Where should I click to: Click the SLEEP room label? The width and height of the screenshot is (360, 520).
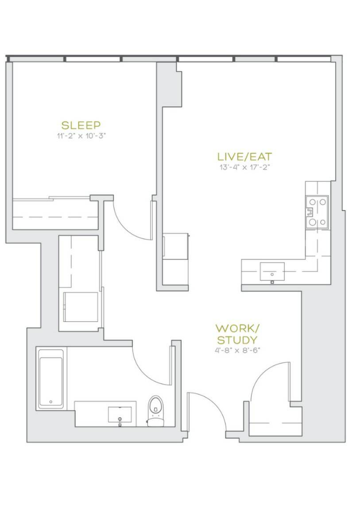[81, 125]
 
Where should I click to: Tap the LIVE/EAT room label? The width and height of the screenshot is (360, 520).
[244, 157]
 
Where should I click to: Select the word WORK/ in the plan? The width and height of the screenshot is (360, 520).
[237, 329]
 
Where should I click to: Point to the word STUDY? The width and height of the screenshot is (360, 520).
[237, 340]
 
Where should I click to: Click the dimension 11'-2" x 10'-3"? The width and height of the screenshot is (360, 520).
[81, 136]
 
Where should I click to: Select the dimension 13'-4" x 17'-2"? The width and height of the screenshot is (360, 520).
[244, 167]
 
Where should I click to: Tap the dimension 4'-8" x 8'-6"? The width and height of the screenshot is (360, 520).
[236, 350]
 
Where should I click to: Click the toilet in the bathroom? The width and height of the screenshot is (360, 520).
[155, 411]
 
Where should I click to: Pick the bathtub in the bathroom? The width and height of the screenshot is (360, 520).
[51, 378]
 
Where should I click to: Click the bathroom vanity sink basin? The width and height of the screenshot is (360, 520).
[120, 415]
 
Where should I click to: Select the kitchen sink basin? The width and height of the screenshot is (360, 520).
[272, 271]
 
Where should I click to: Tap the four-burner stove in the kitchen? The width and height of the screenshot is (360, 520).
[317, 212]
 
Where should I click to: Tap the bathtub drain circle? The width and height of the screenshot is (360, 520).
[51, 401]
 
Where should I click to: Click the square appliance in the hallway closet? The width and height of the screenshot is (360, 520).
[81, 307]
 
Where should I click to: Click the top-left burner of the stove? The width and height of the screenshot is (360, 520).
[312, 202]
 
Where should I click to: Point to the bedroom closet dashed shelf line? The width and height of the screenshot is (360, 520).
[56, 217]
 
